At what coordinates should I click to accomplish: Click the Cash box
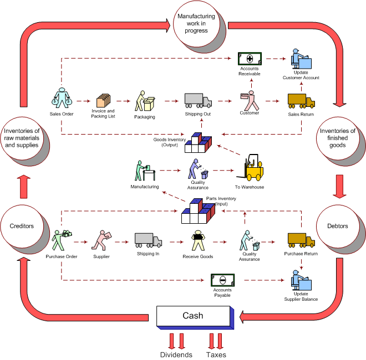tap(192, 316)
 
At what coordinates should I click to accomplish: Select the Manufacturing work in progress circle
tap(196, 24)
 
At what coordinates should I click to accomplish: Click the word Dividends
tap(176, 354)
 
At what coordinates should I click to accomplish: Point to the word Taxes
tap(216, 354)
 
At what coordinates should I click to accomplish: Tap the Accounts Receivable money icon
tap(250, 59)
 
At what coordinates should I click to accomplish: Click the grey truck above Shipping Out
tap(198, 100)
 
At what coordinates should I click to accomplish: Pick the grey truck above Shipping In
tap(148, 240)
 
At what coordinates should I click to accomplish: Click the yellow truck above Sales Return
tap(301, 101)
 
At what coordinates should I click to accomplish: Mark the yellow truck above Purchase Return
tap(301, 240)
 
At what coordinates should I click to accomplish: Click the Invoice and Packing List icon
tap(103, 100)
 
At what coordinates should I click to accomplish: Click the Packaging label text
tap(145, 117)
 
